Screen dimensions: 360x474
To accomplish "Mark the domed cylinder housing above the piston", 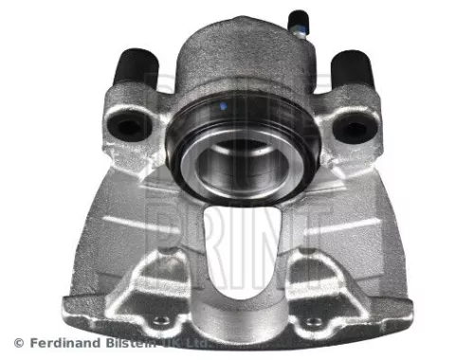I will (237, 57).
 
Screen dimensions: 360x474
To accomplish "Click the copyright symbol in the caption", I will (18, 341).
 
